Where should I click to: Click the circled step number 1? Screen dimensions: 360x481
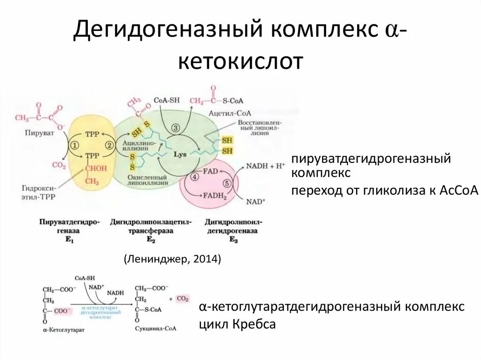point(75,146)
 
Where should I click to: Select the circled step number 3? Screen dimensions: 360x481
point(175,128)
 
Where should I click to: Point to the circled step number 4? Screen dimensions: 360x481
point(194,177)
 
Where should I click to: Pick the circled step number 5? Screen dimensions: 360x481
point(228,184)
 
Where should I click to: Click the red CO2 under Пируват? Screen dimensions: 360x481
point(59,165)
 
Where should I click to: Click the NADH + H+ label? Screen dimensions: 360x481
point(266,166)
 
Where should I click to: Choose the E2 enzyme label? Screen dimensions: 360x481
point(151,240)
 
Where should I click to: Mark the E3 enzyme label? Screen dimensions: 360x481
point(233,240)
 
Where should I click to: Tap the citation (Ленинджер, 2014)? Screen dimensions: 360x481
point(172,260)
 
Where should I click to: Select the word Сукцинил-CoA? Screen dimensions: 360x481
point(156,329)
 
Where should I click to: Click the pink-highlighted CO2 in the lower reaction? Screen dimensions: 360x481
point(182,299)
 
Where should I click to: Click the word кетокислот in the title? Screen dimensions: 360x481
point(240,61)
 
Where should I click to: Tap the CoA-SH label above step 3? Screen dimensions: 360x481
point(167,100)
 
